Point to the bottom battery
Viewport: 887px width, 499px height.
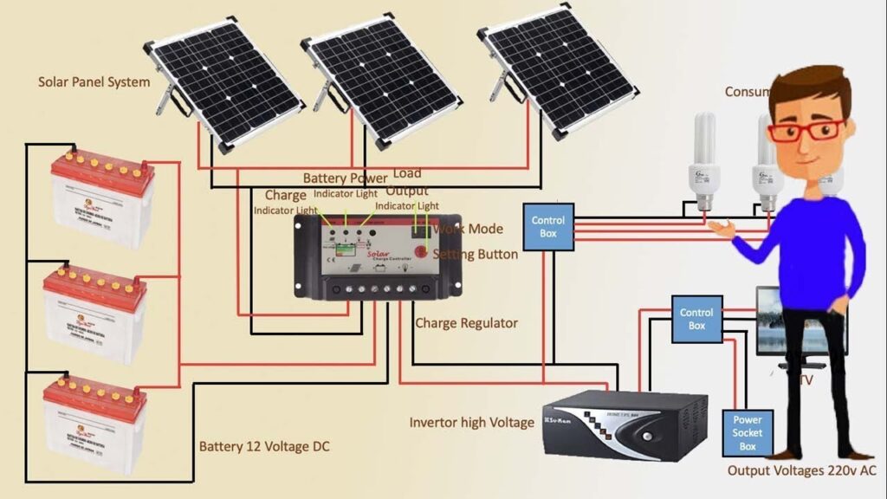(95, 424)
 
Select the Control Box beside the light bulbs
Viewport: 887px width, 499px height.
(547, 227)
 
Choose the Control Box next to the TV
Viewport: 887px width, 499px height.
(696, 319)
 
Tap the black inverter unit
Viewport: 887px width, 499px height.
(624, 424)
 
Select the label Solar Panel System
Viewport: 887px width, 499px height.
(94, 82)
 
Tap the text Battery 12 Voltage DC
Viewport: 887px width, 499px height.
(264, 447)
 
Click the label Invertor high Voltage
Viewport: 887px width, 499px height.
(472, 423)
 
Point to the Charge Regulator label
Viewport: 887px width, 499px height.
(466, 323)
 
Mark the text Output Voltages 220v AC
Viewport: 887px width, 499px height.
(802, 470)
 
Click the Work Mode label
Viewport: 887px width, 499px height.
(468, 229)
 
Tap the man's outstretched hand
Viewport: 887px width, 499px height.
(720, 228)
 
